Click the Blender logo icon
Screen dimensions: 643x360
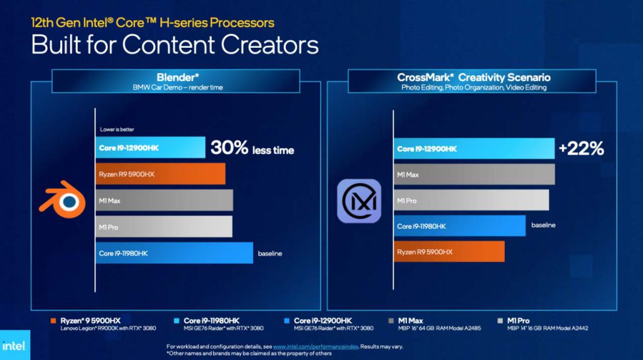[63, 200]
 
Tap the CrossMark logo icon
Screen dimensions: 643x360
[359, 201]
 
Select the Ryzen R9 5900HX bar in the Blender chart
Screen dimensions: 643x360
[160, 174]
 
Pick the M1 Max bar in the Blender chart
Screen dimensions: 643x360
[164, 200]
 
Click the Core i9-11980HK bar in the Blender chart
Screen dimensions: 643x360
[175, 253]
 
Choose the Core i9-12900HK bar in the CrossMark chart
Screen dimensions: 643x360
[474, 149]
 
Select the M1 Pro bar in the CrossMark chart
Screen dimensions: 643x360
[471, 200]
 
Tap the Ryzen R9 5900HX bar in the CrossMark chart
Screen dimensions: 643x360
[449, 252]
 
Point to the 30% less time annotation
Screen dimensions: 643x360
[252, 148]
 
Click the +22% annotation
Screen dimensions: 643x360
[581, 148]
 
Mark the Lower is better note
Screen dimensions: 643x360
[117, 129]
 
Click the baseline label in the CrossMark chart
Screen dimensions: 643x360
[543, 225]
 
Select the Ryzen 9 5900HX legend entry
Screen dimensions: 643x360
[104, 324]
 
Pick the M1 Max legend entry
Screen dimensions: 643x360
[435, 324]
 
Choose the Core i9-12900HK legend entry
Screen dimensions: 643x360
[328, 324]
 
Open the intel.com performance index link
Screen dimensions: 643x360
[316, 346]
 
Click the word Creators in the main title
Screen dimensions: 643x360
[269, 45]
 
